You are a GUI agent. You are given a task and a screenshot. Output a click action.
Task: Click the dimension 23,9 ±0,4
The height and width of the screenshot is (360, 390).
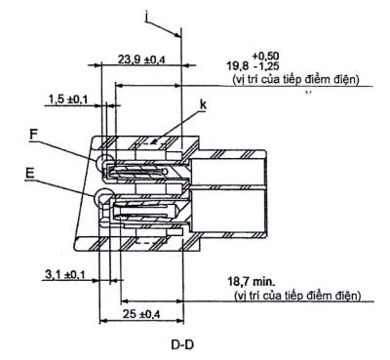(141, 60)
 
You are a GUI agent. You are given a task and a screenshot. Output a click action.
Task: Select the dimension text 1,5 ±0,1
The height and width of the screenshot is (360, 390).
(68, 100)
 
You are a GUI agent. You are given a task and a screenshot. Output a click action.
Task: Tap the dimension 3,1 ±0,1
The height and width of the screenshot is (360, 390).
(64, 275)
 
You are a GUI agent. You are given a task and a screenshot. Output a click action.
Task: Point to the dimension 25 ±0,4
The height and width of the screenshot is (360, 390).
(141, 314)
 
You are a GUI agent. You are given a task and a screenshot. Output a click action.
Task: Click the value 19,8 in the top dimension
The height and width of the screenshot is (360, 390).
(238, 66)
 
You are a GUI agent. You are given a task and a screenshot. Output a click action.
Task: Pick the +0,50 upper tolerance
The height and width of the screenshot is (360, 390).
(265, 56)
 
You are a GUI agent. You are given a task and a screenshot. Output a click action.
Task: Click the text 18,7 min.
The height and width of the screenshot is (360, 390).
(251, 281)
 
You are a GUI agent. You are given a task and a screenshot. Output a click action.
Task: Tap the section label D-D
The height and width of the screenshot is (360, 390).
(182, 344)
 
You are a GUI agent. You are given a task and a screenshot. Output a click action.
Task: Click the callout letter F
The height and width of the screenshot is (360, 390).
(33, 135)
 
